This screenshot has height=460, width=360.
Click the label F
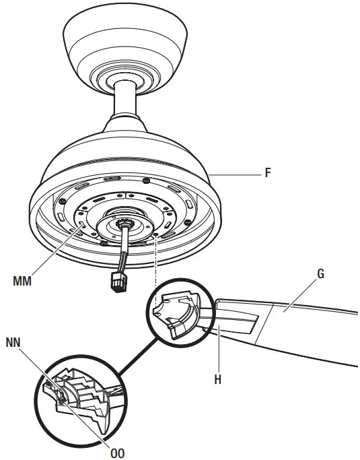pyautogui.click(x=268, y=174)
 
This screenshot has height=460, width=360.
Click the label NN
pyautogui.click(x=13, y=343)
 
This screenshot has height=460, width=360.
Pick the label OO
pyautogui.click(x=117, y=453)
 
